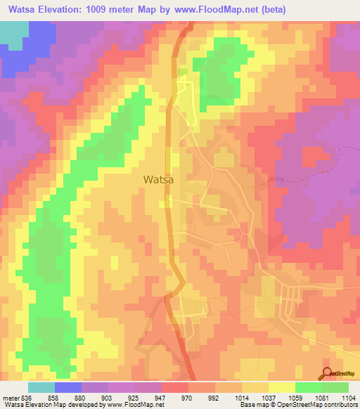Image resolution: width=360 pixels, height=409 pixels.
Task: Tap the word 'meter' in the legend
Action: click(x=11, y=397)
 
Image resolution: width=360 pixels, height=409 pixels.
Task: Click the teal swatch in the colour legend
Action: click(x=41, y=387)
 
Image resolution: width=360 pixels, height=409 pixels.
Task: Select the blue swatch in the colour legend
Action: click(x=68, y=387)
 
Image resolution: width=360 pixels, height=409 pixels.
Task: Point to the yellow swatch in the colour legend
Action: click(x=282, y=387)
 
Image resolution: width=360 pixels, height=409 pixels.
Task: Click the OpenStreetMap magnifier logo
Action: click(x=328, y=373)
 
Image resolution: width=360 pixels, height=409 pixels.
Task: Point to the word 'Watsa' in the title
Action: click(x=22, y=9)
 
